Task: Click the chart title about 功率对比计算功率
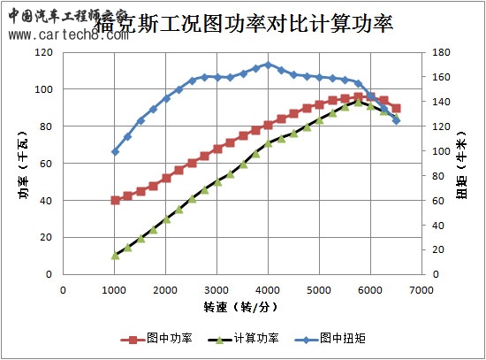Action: click(265, 24)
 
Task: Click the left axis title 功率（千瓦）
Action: click(24, 165)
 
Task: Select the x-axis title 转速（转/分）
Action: click(241, 307)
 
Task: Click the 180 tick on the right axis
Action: click(441, 52)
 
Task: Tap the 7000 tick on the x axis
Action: click(421, 288)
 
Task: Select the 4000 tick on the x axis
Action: click(268, 288)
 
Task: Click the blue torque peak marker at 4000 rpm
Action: click(268, 65)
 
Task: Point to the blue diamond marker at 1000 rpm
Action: click(115, 151)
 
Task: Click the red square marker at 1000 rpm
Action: click(115, 200)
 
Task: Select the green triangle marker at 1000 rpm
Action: click(115, 255)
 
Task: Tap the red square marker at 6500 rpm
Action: click(396, 108)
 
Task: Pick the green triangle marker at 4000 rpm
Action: click(268, 142)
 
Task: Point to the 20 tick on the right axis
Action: click(438, 250)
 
